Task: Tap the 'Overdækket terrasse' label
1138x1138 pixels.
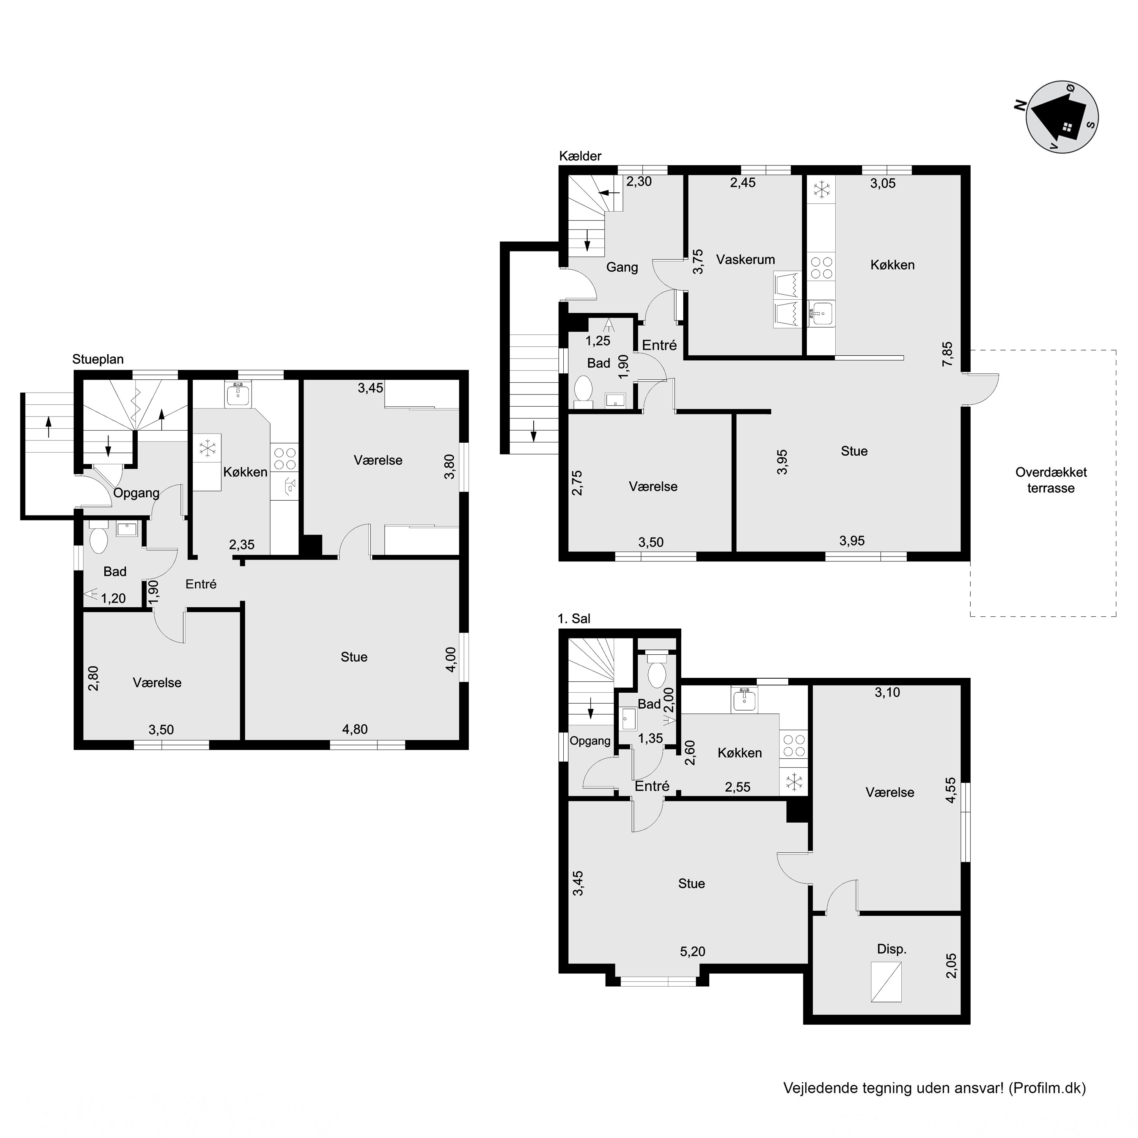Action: click(x=1051, y=480)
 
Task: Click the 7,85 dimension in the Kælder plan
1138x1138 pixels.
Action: click(x=947, y=354)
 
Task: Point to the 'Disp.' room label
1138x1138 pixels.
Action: click(x=892, y=949)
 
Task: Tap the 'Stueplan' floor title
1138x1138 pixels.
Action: click(x=98, y=359)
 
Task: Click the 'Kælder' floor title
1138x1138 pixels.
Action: click(x=580, y=156)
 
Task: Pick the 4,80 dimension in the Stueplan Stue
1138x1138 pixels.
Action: click(x=355, y=729)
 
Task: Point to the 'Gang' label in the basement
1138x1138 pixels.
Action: click(x=622, y=267)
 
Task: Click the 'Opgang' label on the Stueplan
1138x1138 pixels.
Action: click(x=136, y=494)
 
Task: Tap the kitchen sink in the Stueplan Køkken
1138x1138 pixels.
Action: click(x=238, y=395)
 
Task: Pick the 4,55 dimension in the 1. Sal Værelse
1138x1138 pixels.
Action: click(x=951, y=791)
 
